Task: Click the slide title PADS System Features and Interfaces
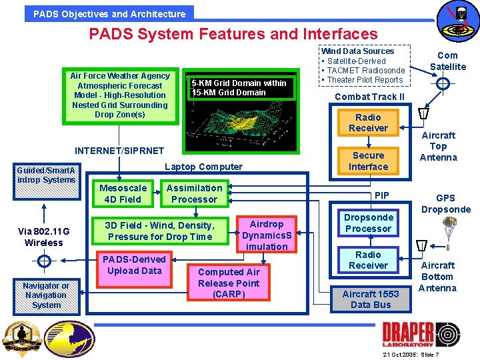(233, 34)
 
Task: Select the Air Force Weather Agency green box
(120, 95)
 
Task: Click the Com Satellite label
(447, 61)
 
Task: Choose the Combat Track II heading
(369, 97)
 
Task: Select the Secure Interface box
(368, 161)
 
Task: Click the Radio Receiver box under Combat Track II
(368, 123)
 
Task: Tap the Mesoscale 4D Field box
(123, 193)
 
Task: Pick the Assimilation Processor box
(194, 193)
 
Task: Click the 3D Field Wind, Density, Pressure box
(159, 231)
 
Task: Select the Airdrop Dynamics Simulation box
(267, 235)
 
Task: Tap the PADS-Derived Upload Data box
(134, 265)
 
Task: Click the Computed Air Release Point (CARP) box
(229, 283)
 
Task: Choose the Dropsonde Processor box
(368, 223)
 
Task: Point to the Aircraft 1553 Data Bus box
(371, 299)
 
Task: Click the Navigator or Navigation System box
(46, 295)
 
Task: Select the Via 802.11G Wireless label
(43, 237)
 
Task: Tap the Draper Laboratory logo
(420, 333)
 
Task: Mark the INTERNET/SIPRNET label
(119, 151)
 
